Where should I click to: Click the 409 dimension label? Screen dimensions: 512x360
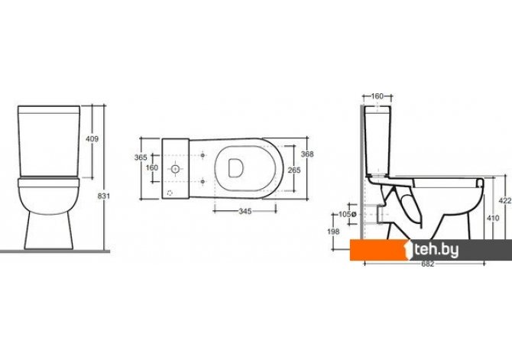point(92,139)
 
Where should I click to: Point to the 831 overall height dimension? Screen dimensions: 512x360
point(104,196)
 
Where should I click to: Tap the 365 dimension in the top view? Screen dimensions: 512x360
point(141,157)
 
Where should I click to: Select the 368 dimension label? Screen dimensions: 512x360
point(307,154)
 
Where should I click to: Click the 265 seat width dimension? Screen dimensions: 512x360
point(294,170)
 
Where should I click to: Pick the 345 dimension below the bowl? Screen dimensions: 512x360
point(245,212)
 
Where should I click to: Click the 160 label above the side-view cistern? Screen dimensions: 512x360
point(378,96)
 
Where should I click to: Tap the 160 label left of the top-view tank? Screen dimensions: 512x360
point(152,168)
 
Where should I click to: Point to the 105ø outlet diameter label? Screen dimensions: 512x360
point(347,215)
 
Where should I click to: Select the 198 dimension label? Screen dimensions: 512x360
point(333,232)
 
